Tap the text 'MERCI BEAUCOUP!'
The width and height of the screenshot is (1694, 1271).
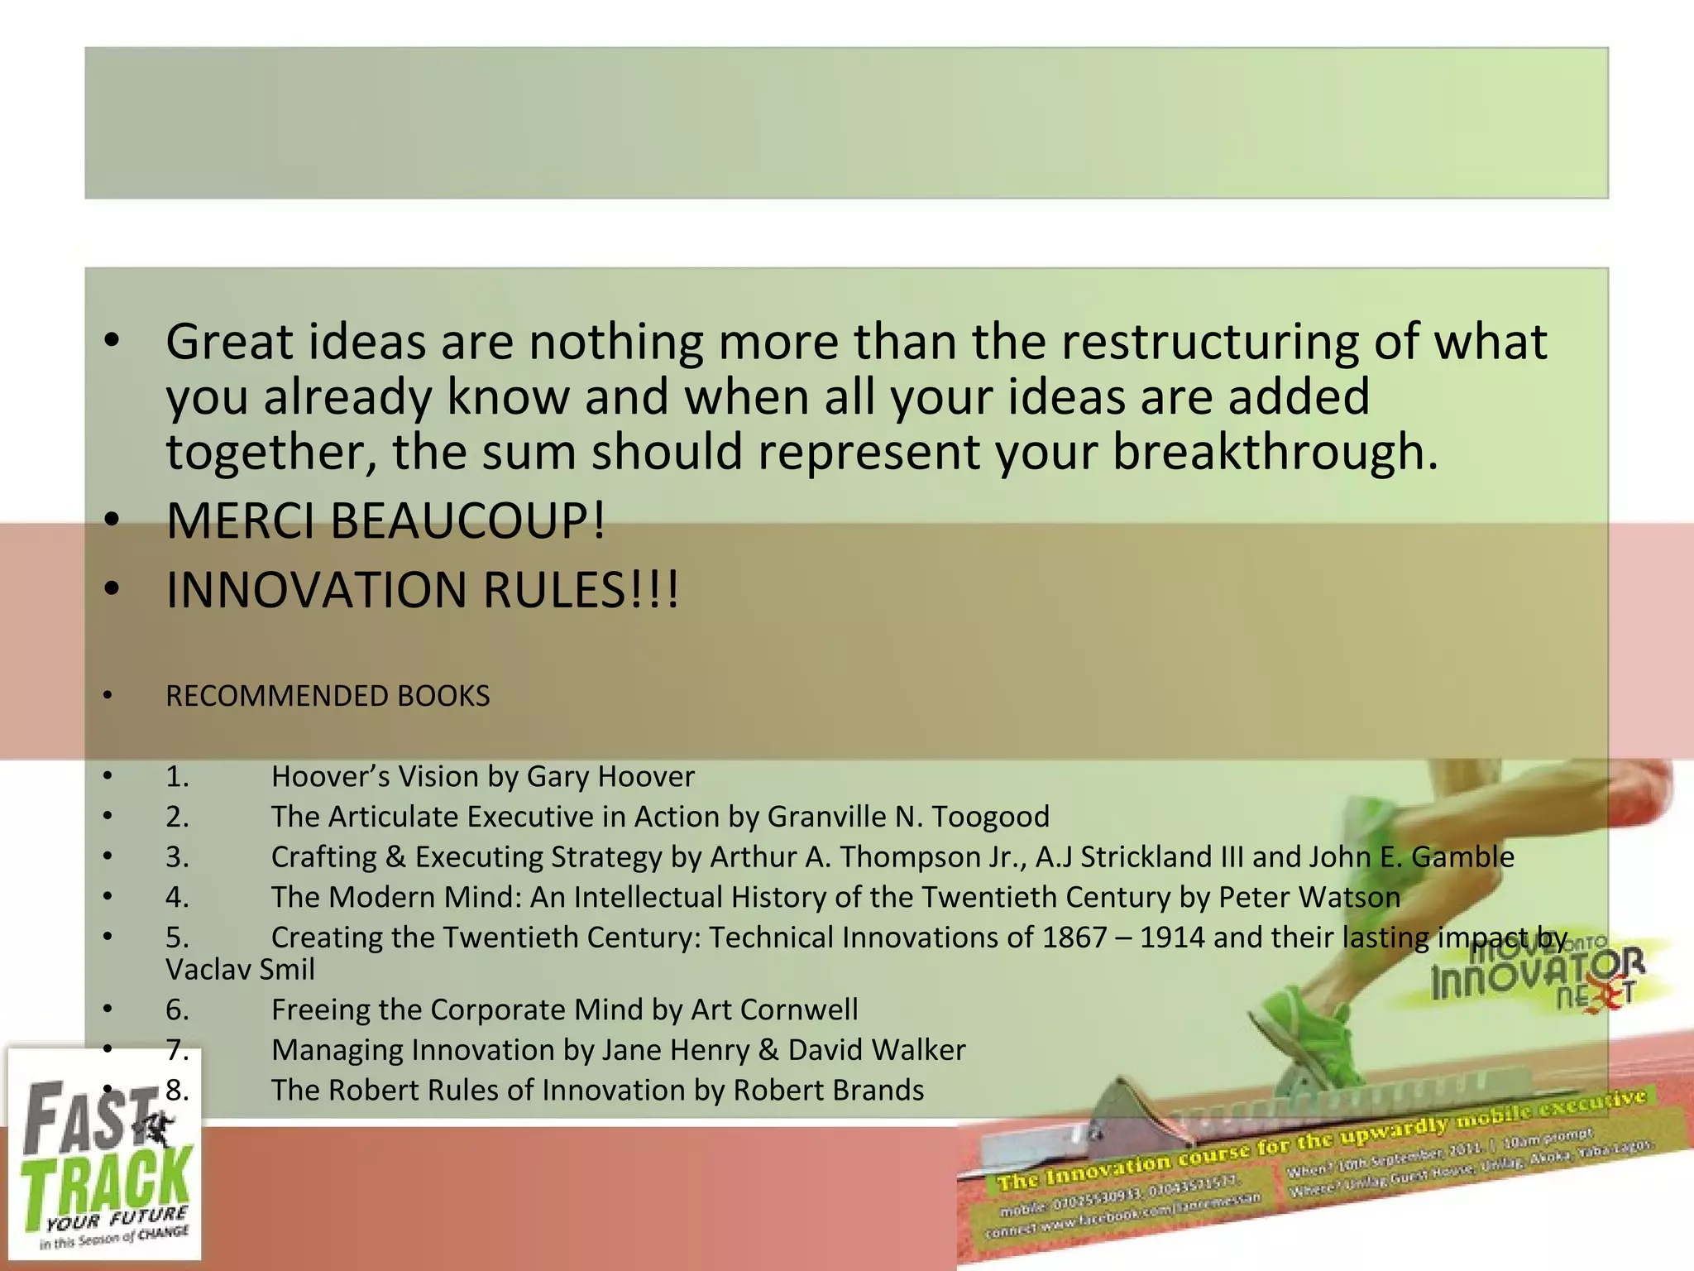[x=385, y=521]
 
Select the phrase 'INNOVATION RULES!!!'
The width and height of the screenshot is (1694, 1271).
[x=422, y=590]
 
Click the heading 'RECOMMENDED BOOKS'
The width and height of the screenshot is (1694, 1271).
[x=328, y=696]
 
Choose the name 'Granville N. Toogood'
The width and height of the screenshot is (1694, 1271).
[x=908, y=817]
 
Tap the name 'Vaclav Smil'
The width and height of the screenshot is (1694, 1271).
[x=240, y=969]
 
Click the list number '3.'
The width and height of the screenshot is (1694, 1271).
[x=177, y=857]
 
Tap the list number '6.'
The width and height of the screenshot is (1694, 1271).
[x=177, y=1010]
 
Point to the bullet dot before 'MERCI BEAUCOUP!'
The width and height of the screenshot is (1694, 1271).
[x=112, y=521]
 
